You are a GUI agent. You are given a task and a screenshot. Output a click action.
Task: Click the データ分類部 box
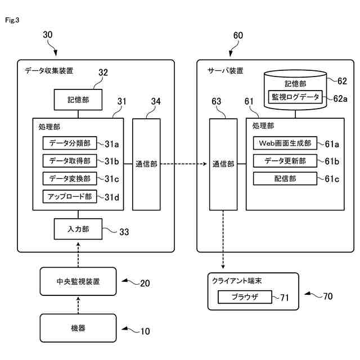[x=70, y=143]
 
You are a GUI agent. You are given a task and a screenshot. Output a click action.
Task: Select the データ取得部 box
[x=70, y=161]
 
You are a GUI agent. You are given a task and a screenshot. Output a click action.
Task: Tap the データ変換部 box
[x=70, y=178]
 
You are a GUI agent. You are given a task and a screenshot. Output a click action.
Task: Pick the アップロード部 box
[x=70, y=196]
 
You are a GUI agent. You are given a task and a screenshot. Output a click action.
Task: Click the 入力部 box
[x=78, y=229]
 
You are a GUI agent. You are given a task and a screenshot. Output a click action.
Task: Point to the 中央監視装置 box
[x=78, y=282]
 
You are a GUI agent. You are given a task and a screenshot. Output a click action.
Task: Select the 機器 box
[x=78, y=327]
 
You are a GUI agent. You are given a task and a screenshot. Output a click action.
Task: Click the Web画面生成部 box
[x=286, y=143]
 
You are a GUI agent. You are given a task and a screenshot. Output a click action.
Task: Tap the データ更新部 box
[x=286, y=161]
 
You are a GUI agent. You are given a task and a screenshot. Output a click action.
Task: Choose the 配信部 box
[x=286, y=179]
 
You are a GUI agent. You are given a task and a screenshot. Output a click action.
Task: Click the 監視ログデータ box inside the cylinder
[x=296, y=97]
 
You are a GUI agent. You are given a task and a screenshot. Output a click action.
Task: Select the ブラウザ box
[x=244, y=296]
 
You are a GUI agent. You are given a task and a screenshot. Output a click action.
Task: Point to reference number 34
[x=156, y=102]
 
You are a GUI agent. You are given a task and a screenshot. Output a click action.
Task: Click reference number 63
[x=217, y=102]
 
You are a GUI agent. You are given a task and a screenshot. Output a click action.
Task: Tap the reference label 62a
[x=340, y=98]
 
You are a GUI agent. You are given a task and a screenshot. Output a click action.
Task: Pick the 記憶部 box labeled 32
[x=78, y=100]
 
